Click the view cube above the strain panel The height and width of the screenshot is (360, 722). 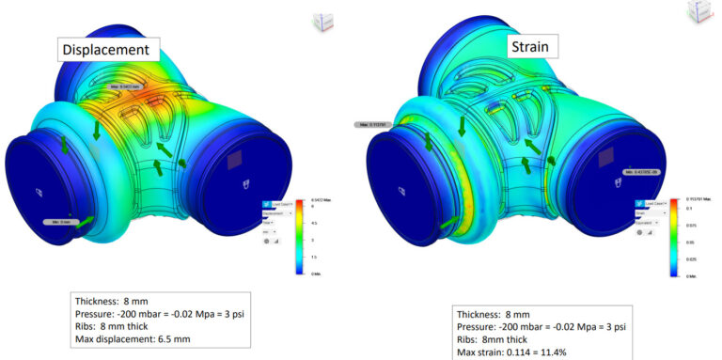(700, 11)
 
